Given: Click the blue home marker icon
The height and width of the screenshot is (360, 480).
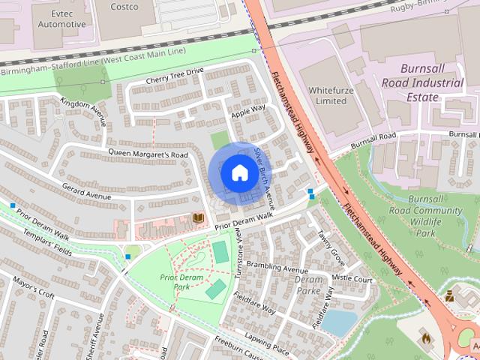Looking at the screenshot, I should click(x=239, y=173).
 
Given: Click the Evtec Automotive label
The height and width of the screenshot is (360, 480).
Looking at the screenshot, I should click(x=61, y=19).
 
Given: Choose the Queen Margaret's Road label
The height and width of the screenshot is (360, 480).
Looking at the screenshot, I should click(x=148, y=154).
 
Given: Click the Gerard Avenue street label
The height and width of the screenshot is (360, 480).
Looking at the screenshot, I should click(x=87, y=190).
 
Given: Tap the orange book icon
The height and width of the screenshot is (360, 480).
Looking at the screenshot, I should click(x=199, y=218).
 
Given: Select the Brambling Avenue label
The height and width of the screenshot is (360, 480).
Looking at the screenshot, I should click(x=277, y=268).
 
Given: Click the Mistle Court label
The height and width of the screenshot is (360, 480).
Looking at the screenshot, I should click(x=352, y=278).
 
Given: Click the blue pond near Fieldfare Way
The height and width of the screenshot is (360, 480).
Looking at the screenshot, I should click(x=339, y=322).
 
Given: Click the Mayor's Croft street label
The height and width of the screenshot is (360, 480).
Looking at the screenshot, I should click(x=33, y=289).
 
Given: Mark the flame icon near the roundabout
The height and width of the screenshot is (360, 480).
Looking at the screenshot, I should click(x=425, y=337).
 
